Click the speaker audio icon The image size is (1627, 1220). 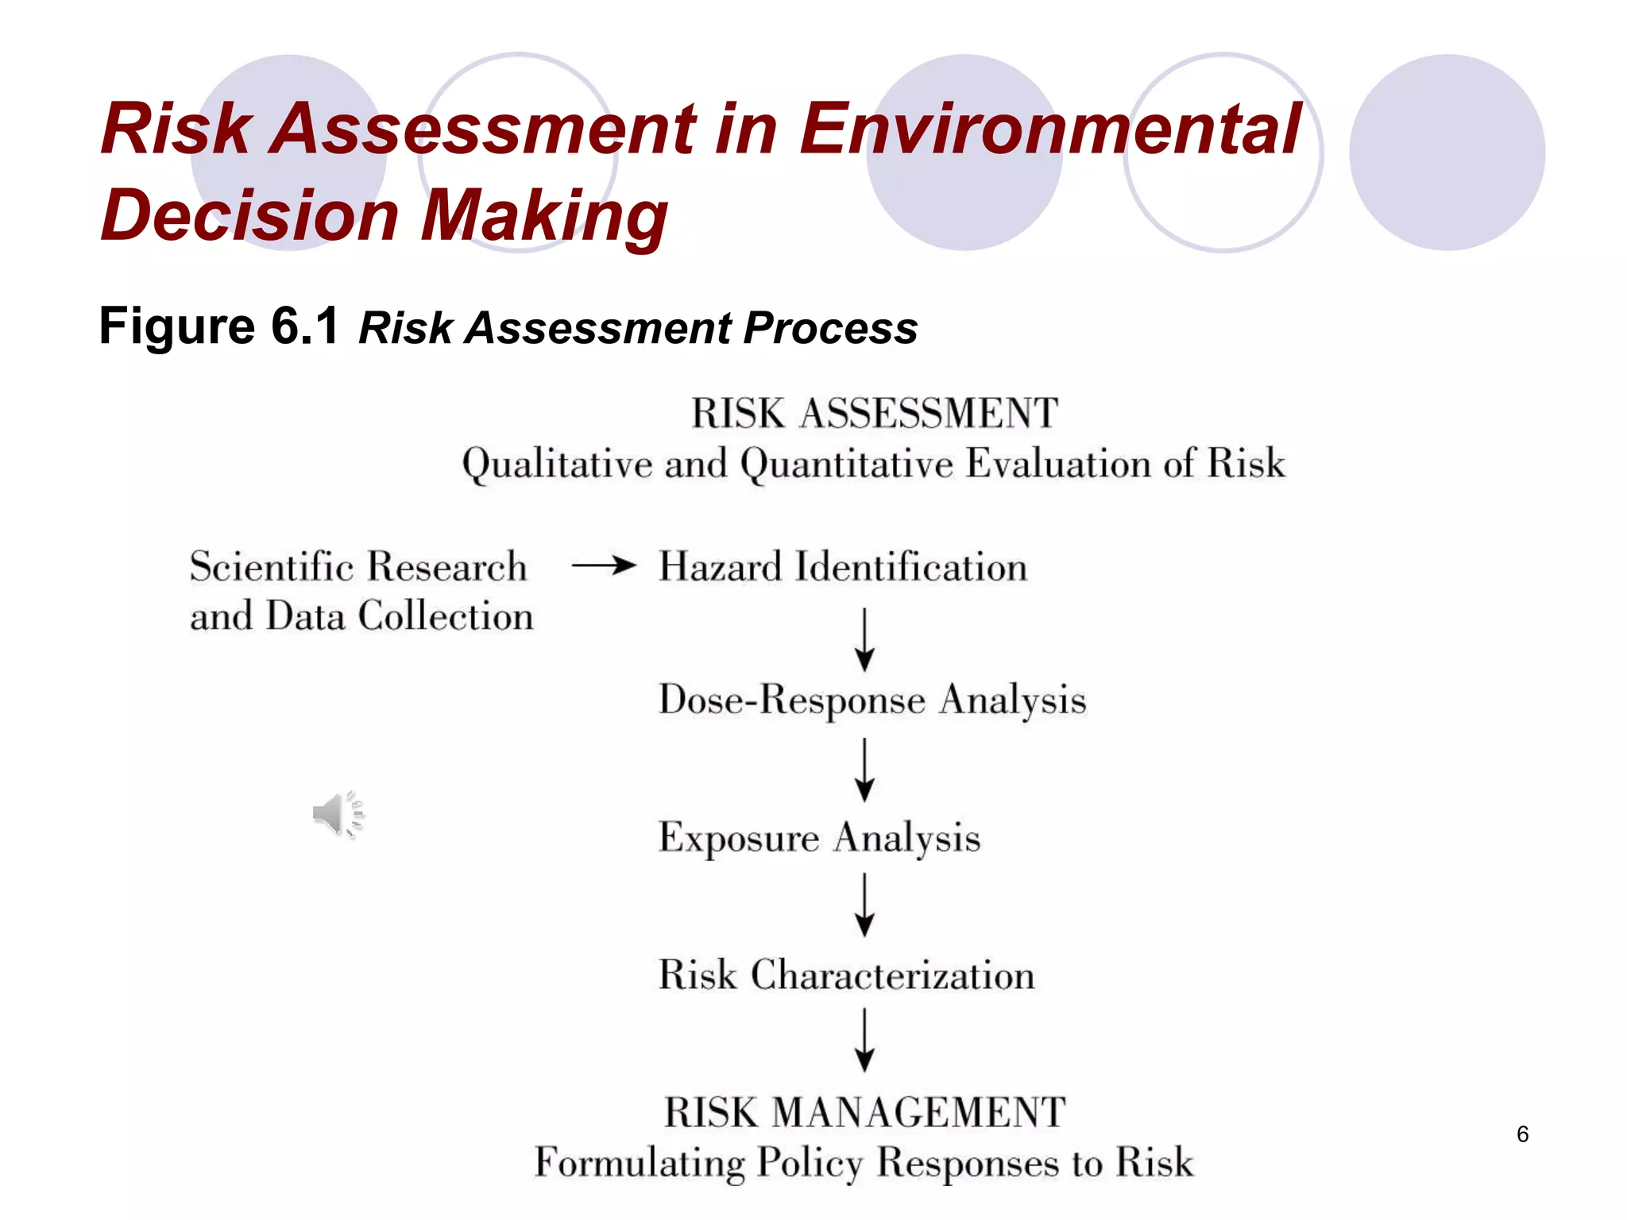pos(338,814)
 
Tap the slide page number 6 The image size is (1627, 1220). pos(1522,1134)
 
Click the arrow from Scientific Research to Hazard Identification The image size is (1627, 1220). pos(604,566)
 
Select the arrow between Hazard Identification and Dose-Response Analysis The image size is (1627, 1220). pos(864,640)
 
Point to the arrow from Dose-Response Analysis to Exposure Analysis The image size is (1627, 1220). pos(864,770)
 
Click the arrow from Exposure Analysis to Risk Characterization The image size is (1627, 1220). pos(864,905)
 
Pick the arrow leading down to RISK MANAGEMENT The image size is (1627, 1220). pos(864,1040)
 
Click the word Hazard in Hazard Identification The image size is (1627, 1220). pos(721,567)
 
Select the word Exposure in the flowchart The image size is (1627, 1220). pos(739,839)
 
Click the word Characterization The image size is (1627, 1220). pos(893,975)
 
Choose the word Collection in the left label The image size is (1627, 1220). pos(446,616)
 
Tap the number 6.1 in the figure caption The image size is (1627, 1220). pos(305,326)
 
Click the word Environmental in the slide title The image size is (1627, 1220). pos(1050,129)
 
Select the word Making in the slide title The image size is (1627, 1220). pos(544,215)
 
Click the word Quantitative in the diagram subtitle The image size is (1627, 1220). pos(847,464)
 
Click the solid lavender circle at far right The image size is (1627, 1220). pos(1447,152)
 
